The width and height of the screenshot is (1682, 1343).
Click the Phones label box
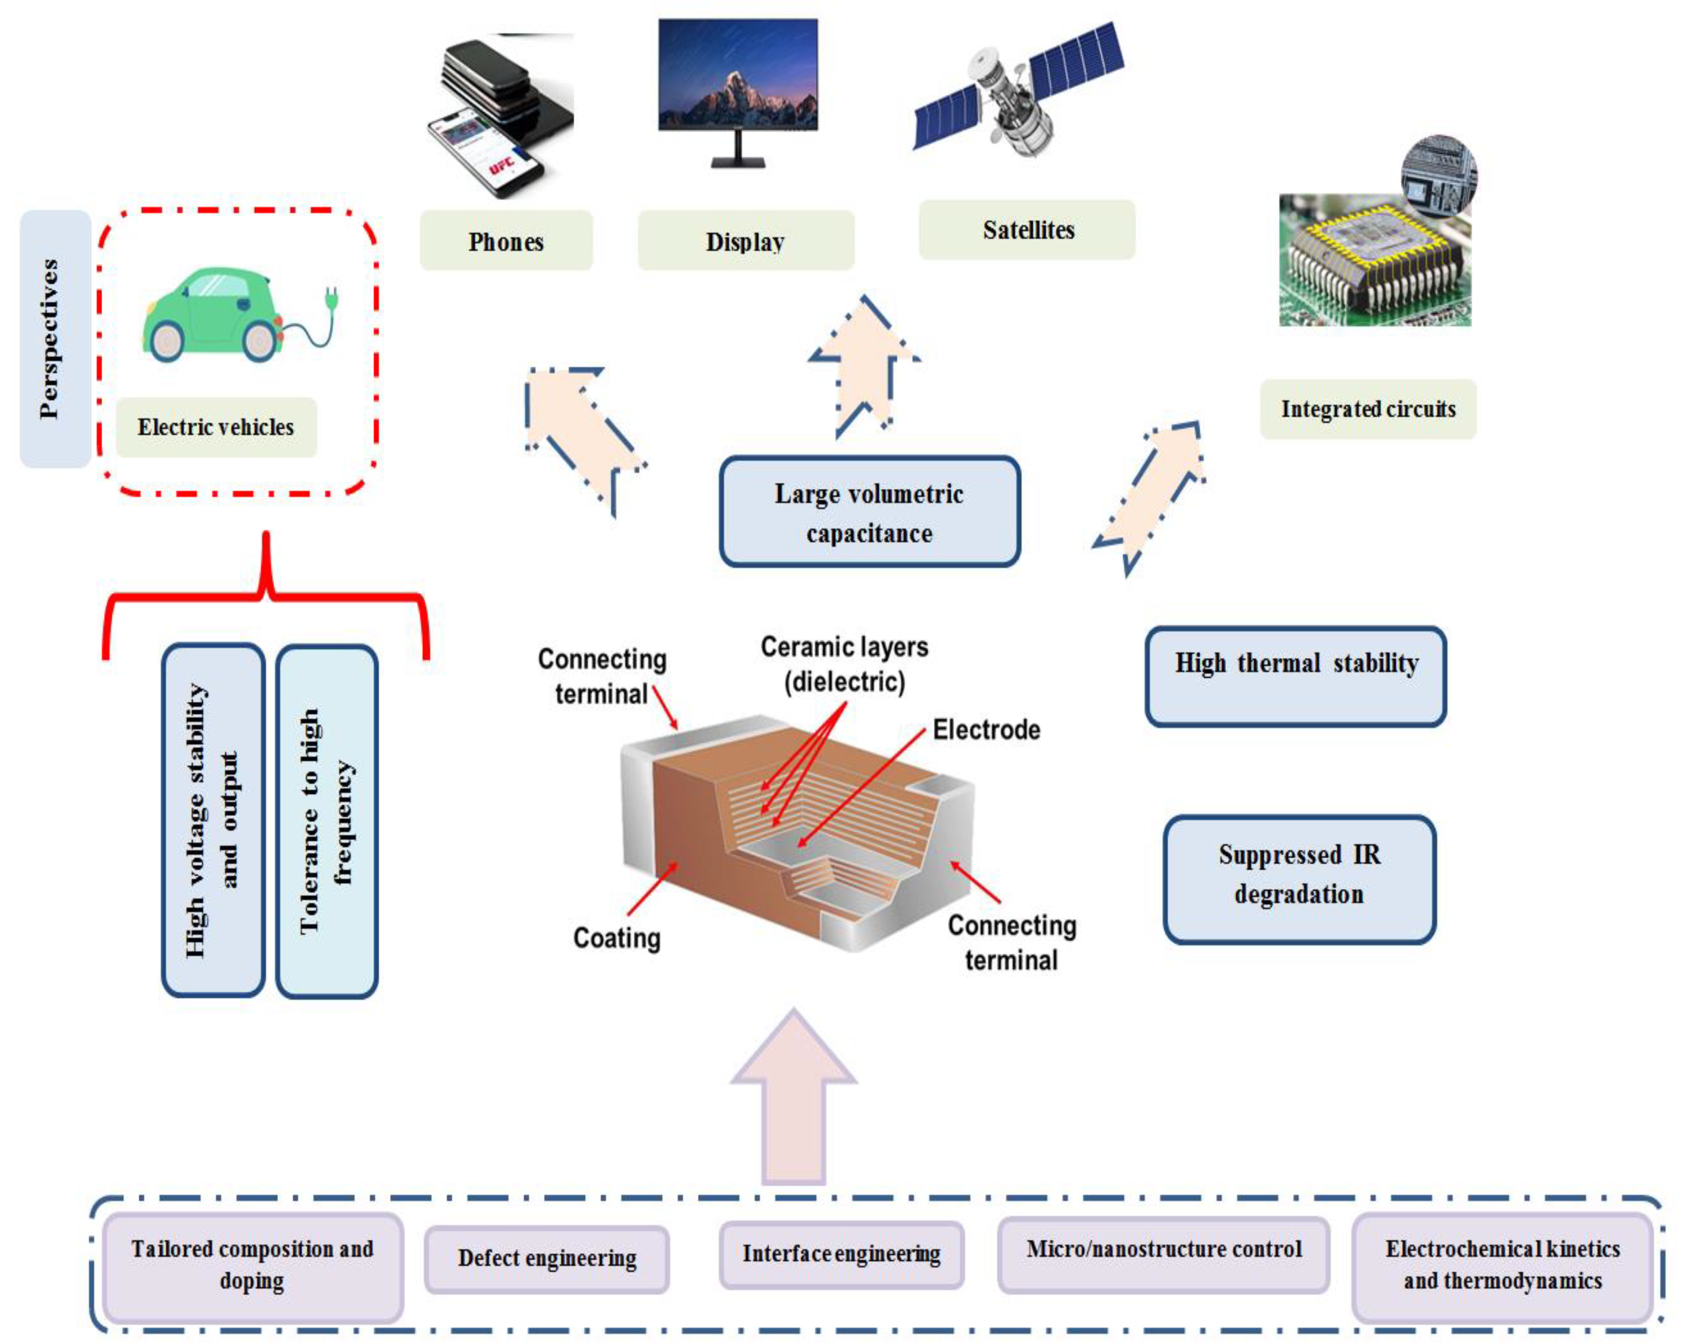[505, 241]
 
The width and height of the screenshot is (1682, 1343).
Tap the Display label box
[745, 241]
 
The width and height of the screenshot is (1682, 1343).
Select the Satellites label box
[1026, 230]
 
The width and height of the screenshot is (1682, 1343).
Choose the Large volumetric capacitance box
[869, 513]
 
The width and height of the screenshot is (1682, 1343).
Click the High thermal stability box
[1295, 675]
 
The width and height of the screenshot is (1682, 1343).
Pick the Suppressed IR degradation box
[1299, 879]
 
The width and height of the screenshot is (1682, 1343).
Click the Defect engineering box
[546, 1257]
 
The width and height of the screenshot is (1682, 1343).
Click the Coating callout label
[616, 937]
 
